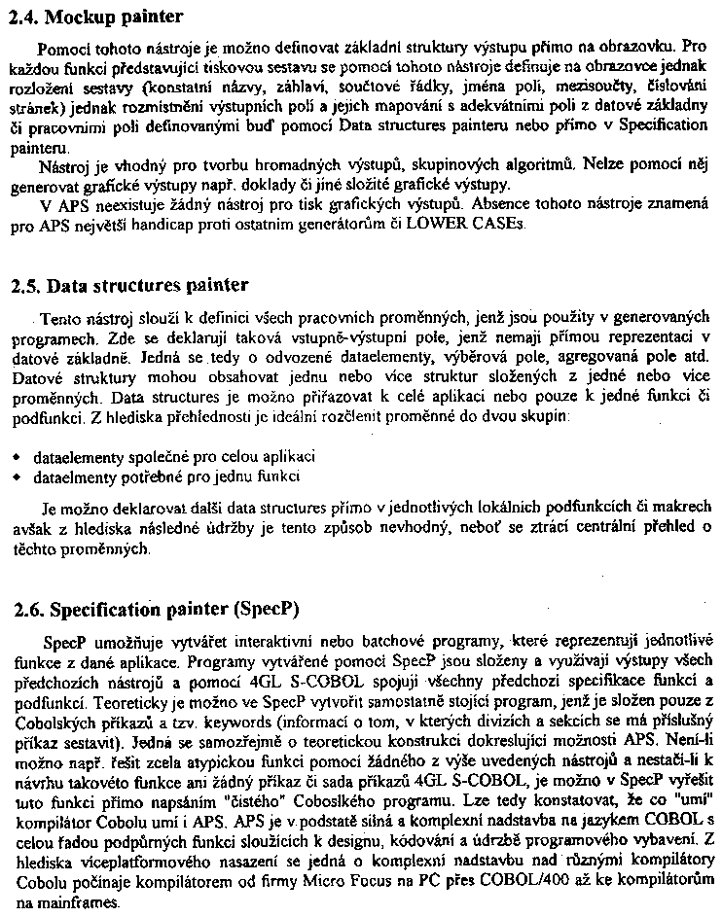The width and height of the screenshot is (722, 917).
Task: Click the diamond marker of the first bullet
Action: tap(16, 456)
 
